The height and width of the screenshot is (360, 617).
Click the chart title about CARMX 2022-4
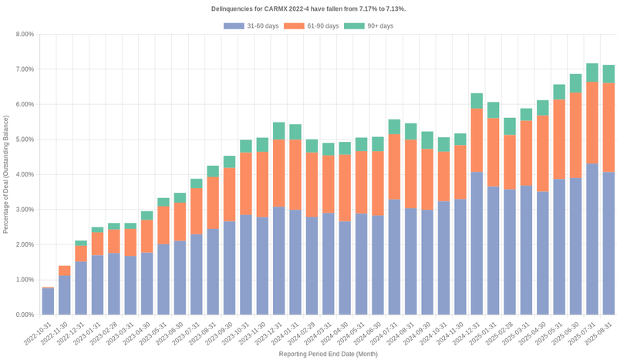pyautogui.click(x=308, y=8)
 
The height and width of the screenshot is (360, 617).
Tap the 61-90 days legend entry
pyautogui.click(x=311, y=26)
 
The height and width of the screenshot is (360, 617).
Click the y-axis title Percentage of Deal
pyautogui.click(x=7, y=174)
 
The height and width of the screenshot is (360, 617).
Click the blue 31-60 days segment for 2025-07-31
pyautogui.click(x=592, y=239)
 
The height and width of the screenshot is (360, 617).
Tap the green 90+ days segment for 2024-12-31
pyautogui.click(x=477, y=101)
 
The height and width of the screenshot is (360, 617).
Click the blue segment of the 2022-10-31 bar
pyautogui.click(x=48, y=301)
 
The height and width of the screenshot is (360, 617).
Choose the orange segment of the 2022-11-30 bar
pyautogui.click(x=65, y=271)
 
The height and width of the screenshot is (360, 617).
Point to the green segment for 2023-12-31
pyautogui.click(x=279, y=131)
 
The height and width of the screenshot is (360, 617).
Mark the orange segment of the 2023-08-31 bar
pyautogui.click(x=213, y=204)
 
